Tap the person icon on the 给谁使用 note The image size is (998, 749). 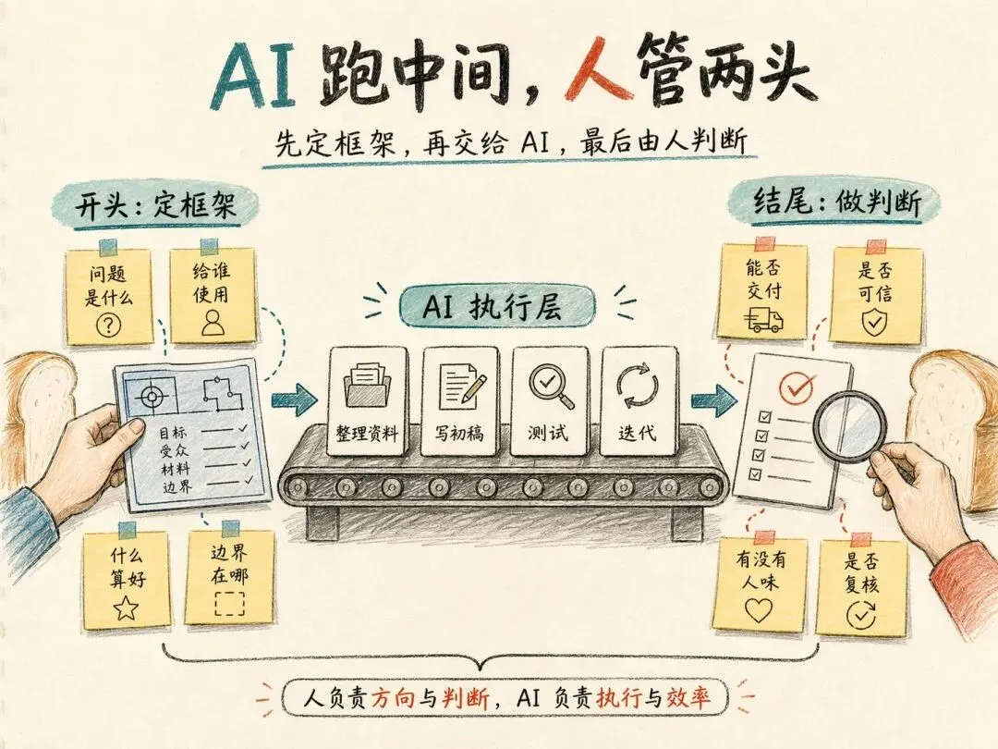213,321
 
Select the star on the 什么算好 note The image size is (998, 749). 126,607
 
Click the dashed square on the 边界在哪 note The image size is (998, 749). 228,604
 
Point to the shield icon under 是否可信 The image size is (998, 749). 873,321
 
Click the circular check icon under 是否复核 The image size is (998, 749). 861,612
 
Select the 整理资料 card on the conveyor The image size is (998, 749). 366,401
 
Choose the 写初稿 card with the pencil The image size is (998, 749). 459,401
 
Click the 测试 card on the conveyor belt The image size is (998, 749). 549,401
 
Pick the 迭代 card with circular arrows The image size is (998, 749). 639,401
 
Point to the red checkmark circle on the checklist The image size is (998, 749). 796,388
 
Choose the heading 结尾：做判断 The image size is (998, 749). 837,204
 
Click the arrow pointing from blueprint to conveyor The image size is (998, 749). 294,399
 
